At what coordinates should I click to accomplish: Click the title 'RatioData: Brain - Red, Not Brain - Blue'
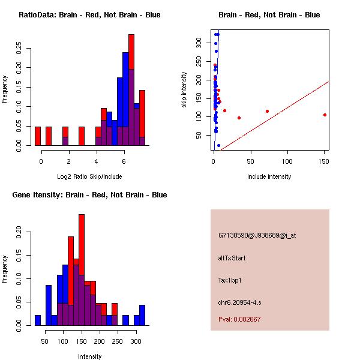[89, 15]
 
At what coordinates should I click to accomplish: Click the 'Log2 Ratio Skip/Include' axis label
[89, 176]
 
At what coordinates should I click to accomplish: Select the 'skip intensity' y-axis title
[184, 90]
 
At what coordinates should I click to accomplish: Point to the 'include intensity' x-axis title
[269, 176]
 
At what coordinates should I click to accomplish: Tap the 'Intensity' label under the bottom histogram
[89, 356]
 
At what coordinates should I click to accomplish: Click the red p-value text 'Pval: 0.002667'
[239, 319]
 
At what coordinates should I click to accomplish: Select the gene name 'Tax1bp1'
[230, 280]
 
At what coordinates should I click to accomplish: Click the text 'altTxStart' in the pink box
[232, 258]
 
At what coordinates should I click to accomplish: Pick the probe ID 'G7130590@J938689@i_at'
[257, 235]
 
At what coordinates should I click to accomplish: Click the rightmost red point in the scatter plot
[325, 115]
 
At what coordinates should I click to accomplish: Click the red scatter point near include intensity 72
[267, 111]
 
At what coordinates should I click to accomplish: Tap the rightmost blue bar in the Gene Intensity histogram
[142, 315]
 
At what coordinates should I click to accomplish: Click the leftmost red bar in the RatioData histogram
[38, 136]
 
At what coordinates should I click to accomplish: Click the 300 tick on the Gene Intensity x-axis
[136, 341]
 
